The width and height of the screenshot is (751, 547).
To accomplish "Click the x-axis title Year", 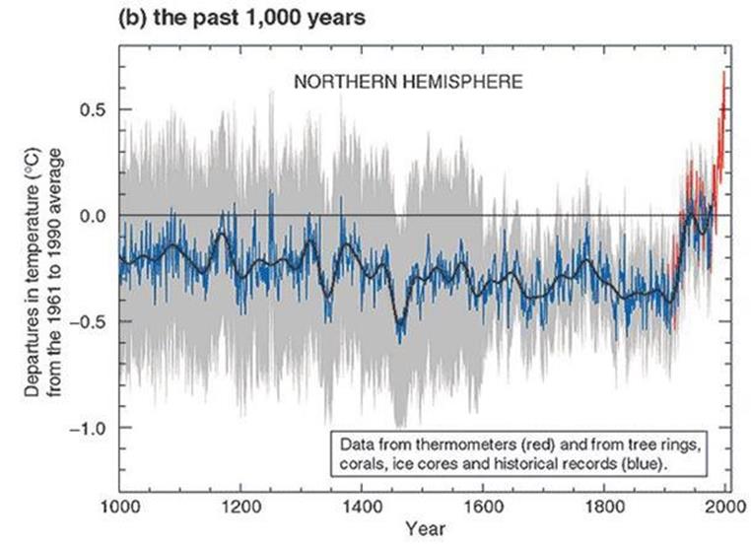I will tap(422, 530).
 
